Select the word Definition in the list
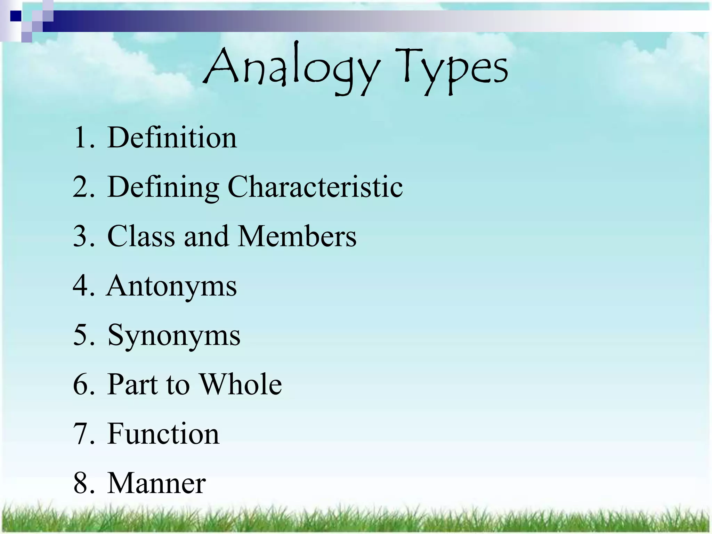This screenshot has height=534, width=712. click(172, 138)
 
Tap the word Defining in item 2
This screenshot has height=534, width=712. click(163, 187)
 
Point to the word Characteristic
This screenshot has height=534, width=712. click(315, 187)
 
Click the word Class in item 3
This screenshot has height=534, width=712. click(141, 236)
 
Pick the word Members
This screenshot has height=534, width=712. click(298, 236)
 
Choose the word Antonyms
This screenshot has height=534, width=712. click(172, 286)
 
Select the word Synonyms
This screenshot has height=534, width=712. click(174, 335)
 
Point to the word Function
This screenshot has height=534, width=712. click(163, 434)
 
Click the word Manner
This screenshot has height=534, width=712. click(156, 483)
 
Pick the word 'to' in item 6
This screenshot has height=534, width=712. click(178, 385)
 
